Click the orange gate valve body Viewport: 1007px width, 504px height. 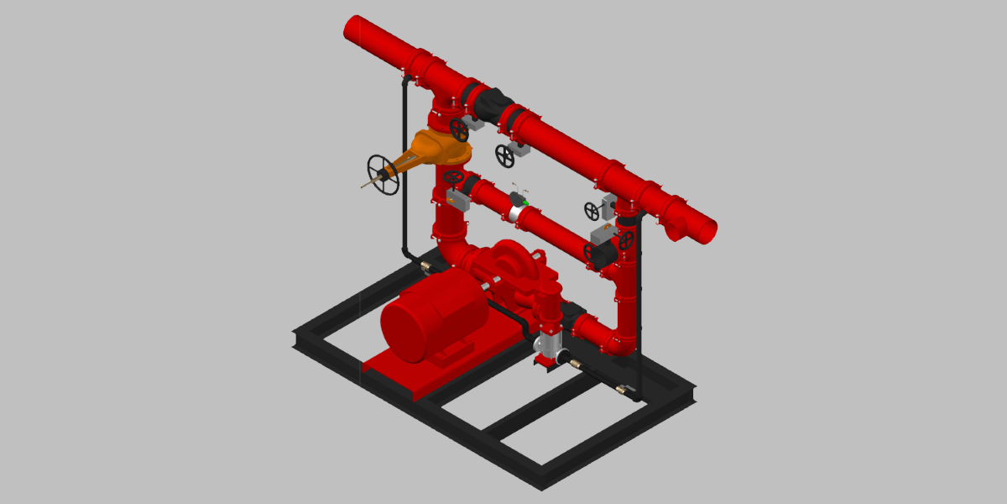(x=441, y=150)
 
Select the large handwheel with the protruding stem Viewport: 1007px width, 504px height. (x=382, y=174)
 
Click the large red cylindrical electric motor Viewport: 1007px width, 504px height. (x=433, y=316)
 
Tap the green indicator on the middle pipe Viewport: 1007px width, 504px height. (x=525, y=202)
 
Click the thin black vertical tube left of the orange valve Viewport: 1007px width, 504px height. (x=404, y=168)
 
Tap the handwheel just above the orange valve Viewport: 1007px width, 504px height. (x=459, y=129)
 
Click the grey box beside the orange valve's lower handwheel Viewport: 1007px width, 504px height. (x=458, y=199)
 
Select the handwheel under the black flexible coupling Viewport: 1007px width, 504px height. (x=504, y=155)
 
